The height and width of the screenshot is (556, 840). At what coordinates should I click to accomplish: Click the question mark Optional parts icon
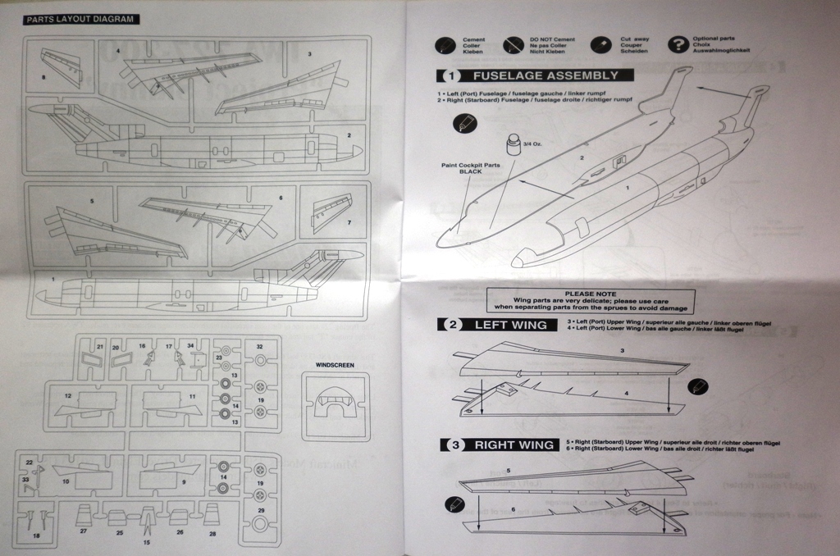(x=678, y=44)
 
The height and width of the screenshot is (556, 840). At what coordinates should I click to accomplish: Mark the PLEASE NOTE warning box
(x=590, y=299)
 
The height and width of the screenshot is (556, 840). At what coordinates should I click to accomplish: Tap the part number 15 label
(x=147, y=542)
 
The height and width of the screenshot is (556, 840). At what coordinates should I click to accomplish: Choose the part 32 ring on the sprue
(x=260, y=359)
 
